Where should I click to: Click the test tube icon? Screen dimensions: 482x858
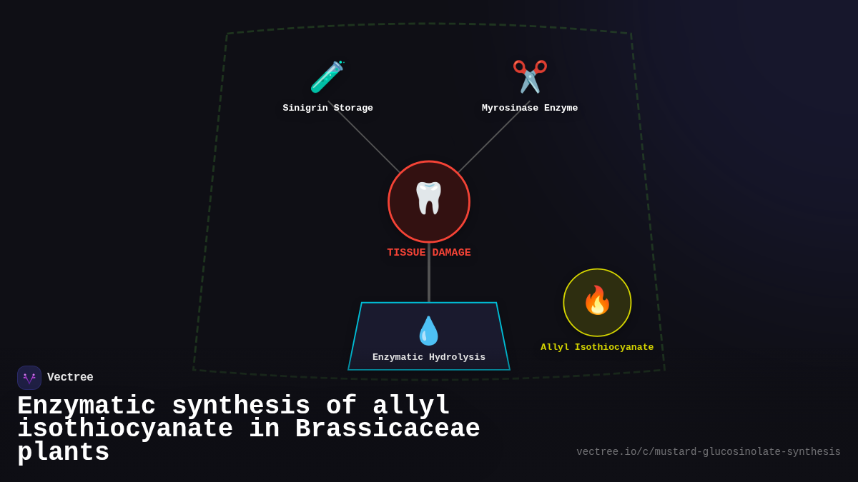(x=327, y=77)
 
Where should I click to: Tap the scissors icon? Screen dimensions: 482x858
(x=530, y=76)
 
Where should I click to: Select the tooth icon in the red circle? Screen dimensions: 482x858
(x=429, y=198)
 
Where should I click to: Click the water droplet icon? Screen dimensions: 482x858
(x=428, y=331)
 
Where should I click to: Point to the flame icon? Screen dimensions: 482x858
(x=597, y=301)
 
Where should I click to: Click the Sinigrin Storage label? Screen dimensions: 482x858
(x=327, y=109)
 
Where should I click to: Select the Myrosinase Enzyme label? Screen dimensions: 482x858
(x=530, y=109)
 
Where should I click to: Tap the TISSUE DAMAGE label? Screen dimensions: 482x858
(x=429, y=253)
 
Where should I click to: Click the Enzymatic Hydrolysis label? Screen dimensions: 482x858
(x=429, y=357)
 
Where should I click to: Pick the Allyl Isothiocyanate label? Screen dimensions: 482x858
(x=597, y=348)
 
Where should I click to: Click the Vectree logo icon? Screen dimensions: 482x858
(x=29, y=378)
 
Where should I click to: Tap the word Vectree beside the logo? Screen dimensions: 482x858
(x=70, y=378)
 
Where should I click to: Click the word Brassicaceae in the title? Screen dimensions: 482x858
(x=388, y=429)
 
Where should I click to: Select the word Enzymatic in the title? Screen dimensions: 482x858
(x=87, y=406)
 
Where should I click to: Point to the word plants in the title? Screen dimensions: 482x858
(x=64, y=453)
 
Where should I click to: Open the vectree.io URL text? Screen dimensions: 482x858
(x=709, y=452)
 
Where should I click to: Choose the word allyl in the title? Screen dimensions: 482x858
(x=411, y=406)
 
